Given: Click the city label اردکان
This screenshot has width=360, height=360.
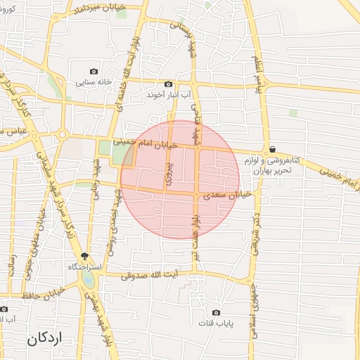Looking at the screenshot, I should click(46, 338).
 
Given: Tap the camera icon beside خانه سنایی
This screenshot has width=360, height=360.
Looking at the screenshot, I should click(94, 71).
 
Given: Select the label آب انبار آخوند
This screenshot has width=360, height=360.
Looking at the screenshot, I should click(165, 94).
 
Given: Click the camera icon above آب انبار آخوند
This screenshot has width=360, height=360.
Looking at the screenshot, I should click(168, 84).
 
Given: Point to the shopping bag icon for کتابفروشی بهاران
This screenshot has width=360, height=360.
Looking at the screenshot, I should click(271, 150).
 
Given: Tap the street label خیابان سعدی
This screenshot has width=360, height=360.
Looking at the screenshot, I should click(226, 195).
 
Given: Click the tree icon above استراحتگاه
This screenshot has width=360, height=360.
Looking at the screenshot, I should click(85, 257).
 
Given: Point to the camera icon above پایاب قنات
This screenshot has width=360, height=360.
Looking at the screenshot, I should click(216, 312).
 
